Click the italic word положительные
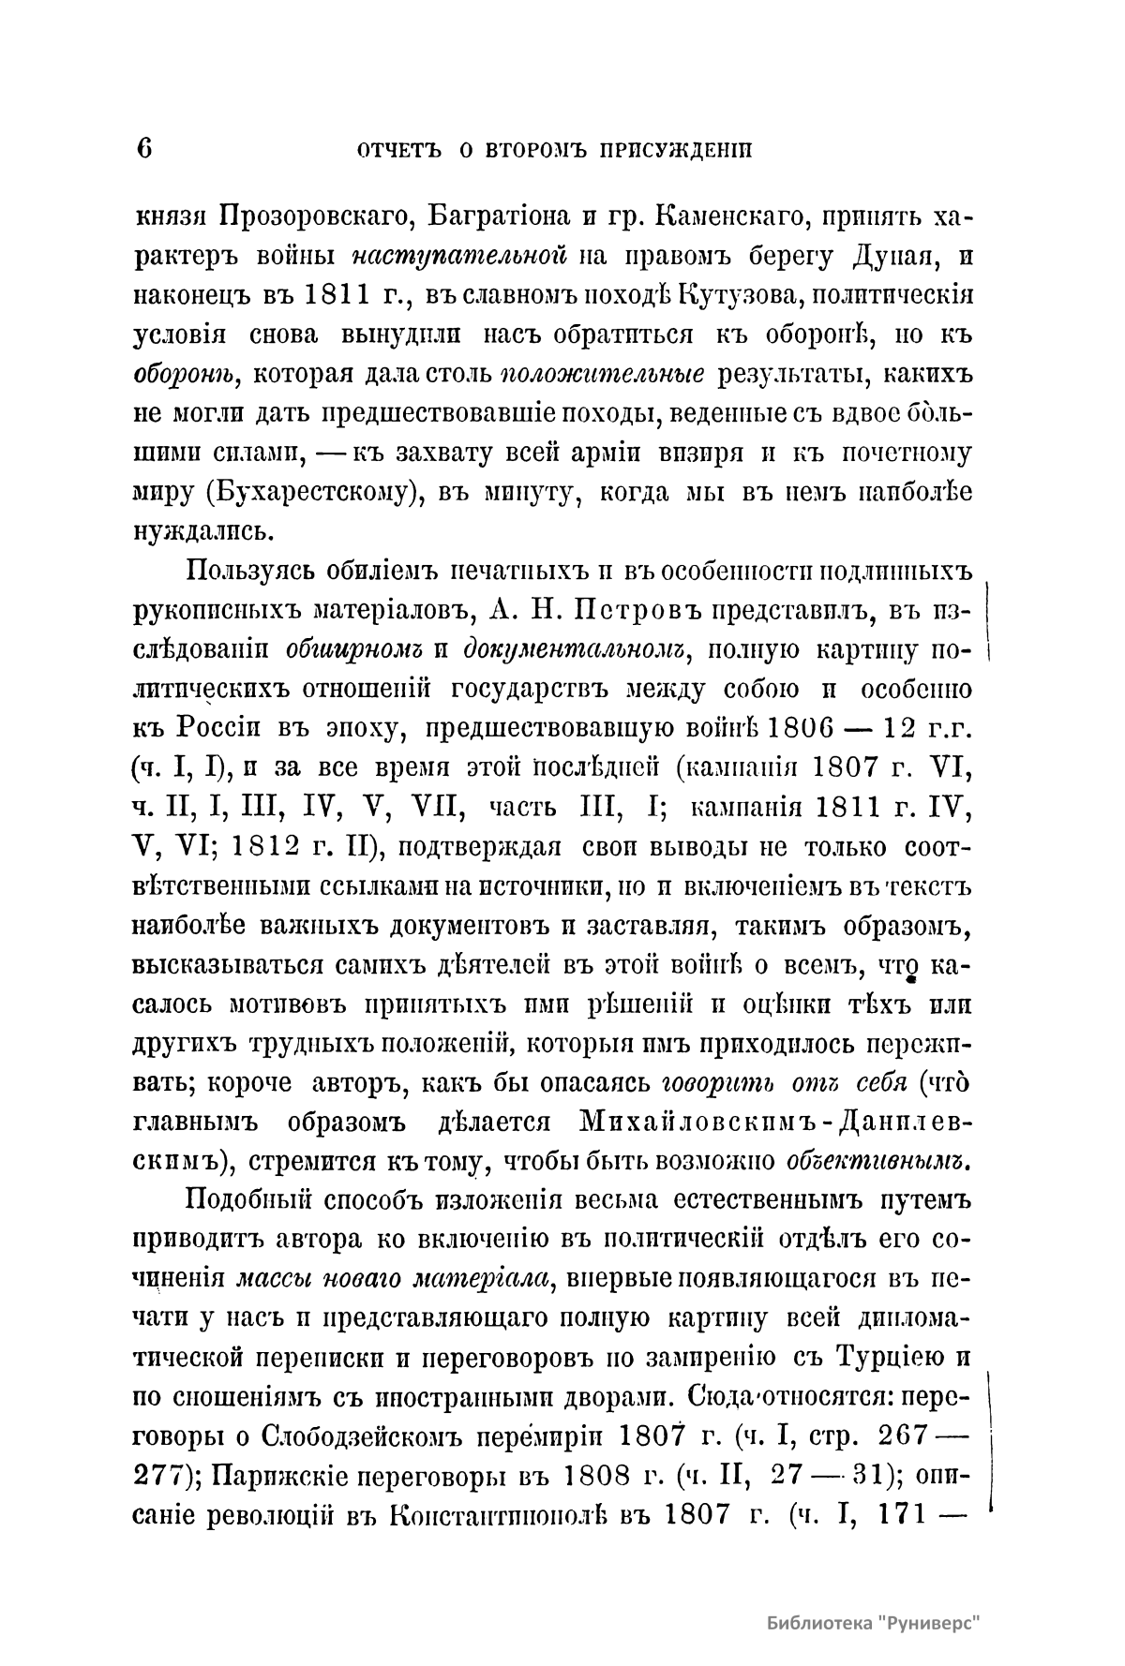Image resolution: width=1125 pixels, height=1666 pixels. [x=604, y=374]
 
